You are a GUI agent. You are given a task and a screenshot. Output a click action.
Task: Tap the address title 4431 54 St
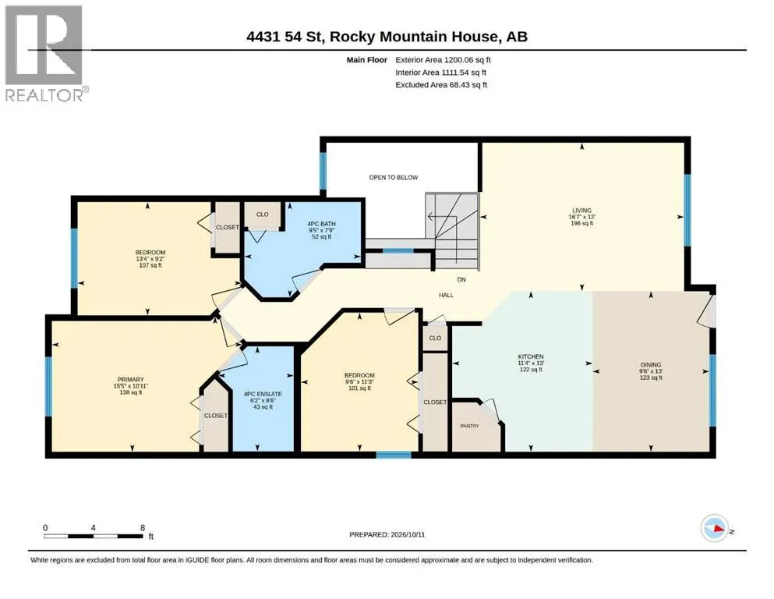pos(285,37)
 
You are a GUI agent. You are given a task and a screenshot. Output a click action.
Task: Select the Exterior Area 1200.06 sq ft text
pos(443,60)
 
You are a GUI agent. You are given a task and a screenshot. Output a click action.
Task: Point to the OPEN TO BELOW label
pos(394,177)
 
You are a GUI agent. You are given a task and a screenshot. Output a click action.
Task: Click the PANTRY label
pos(469,426)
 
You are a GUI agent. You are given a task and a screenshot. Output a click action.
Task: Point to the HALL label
pos(446,296)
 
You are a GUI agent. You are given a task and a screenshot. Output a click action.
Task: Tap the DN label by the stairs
pos(461,279)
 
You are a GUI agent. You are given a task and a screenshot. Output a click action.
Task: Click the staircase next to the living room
pos(453,231)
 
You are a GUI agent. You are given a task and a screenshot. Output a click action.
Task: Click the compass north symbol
pos(715,528)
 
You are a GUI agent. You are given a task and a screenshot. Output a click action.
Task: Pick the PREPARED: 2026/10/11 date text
pos(387,534)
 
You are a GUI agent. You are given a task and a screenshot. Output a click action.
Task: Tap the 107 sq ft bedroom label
pos(150,265)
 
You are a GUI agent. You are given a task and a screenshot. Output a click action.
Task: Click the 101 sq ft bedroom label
pos(359,388)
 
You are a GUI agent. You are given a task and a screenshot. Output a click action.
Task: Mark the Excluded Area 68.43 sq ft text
pos(441,84)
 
